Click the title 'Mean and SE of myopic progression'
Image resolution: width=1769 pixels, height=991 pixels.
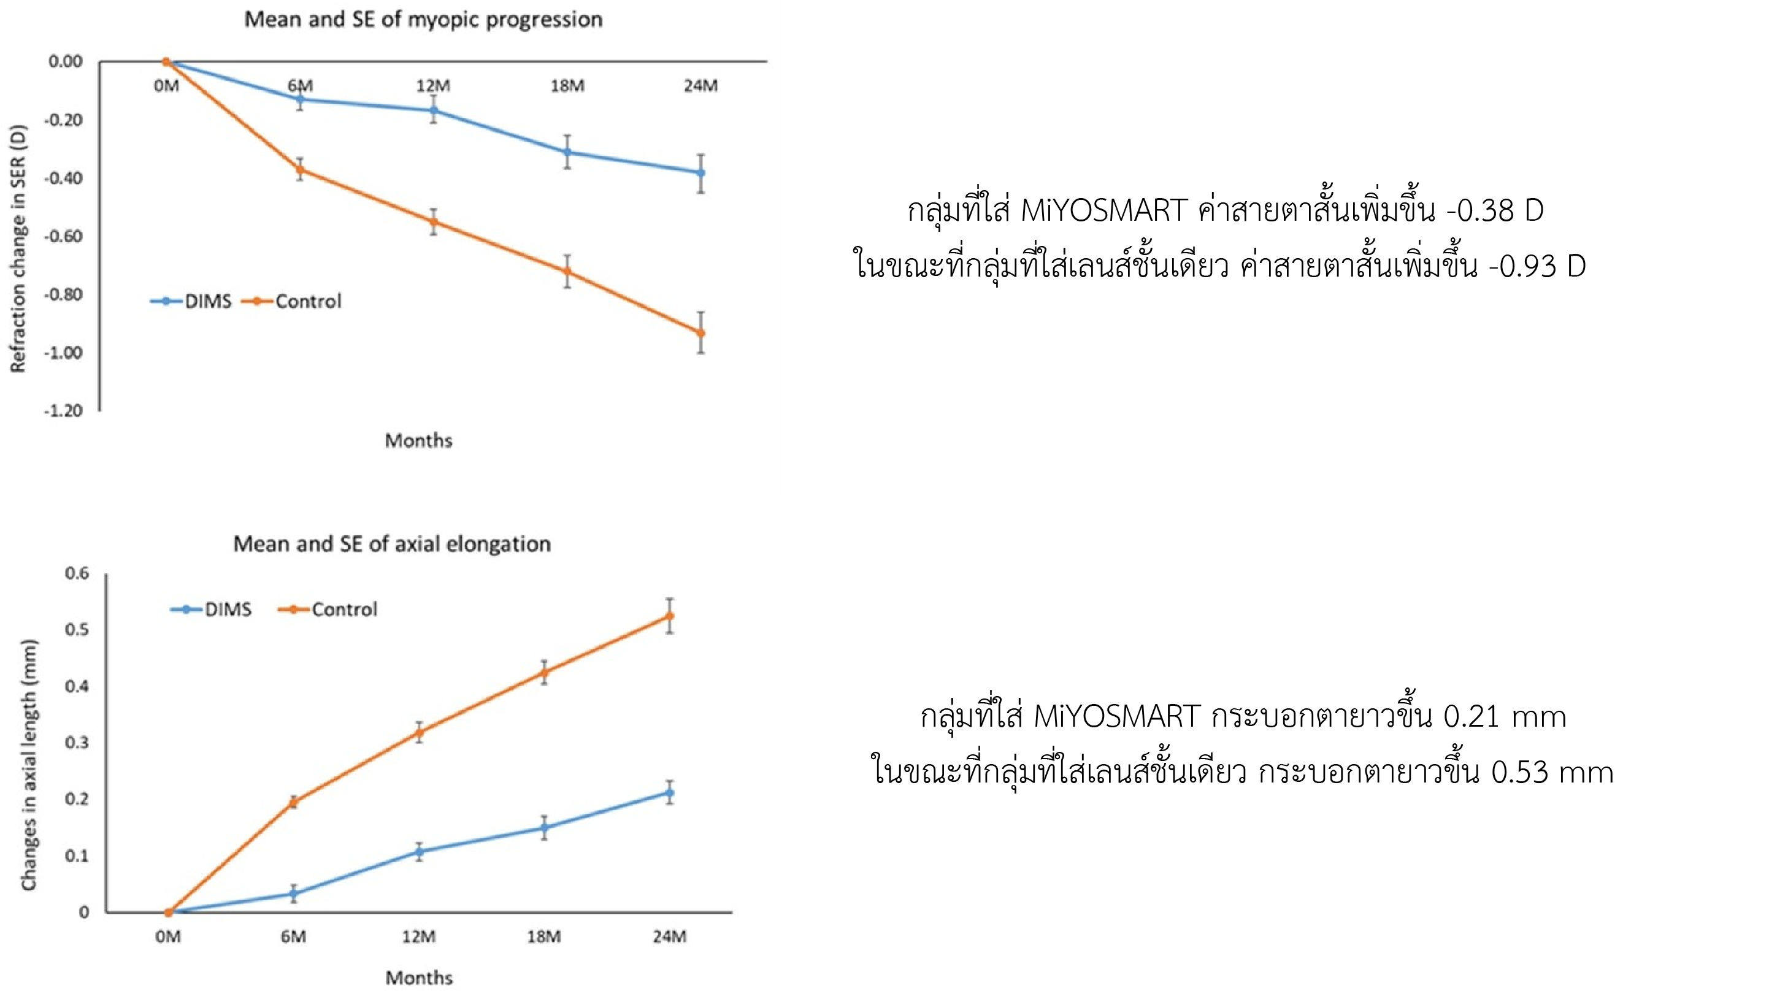(x=423, y=19)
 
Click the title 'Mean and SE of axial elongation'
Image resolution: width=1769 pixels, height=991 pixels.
(x=391, y=544)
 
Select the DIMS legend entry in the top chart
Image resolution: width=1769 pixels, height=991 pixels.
(x=191, y=301)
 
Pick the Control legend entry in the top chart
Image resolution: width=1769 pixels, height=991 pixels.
(x=293, y=301)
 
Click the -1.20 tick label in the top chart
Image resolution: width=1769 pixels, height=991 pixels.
(x=64, y=411)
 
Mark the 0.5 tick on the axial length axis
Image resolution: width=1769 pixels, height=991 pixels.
(x=77, y=630)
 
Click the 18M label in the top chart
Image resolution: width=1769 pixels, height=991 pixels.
(x=567, y=86)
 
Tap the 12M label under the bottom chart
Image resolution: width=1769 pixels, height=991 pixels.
(x=419, y=937)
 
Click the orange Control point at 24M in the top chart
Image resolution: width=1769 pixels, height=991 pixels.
(x=700, y=333)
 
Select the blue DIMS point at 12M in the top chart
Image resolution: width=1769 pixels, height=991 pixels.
(x=433, y=110)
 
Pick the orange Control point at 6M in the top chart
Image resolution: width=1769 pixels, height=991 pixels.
(x=300, y=170)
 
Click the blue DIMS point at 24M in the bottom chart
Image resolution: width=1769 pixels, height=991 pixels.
(x=670, y=793)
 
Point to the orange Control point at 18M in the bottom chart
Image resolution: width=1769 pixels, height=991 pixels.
(x=544, y=672)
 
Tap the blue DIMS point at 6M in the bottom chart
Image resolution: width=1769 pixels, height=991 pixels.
(x=294, y=893)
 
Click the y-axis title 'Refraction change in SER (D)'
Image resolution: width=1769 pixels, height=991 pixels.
(x=18, y=248)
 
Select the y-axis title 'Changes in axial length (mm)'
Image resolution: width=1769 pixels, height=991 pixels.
(x=29, y=765)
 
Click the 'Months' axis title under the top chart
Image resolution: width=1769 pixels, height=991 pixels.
(x=418, y=441)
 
